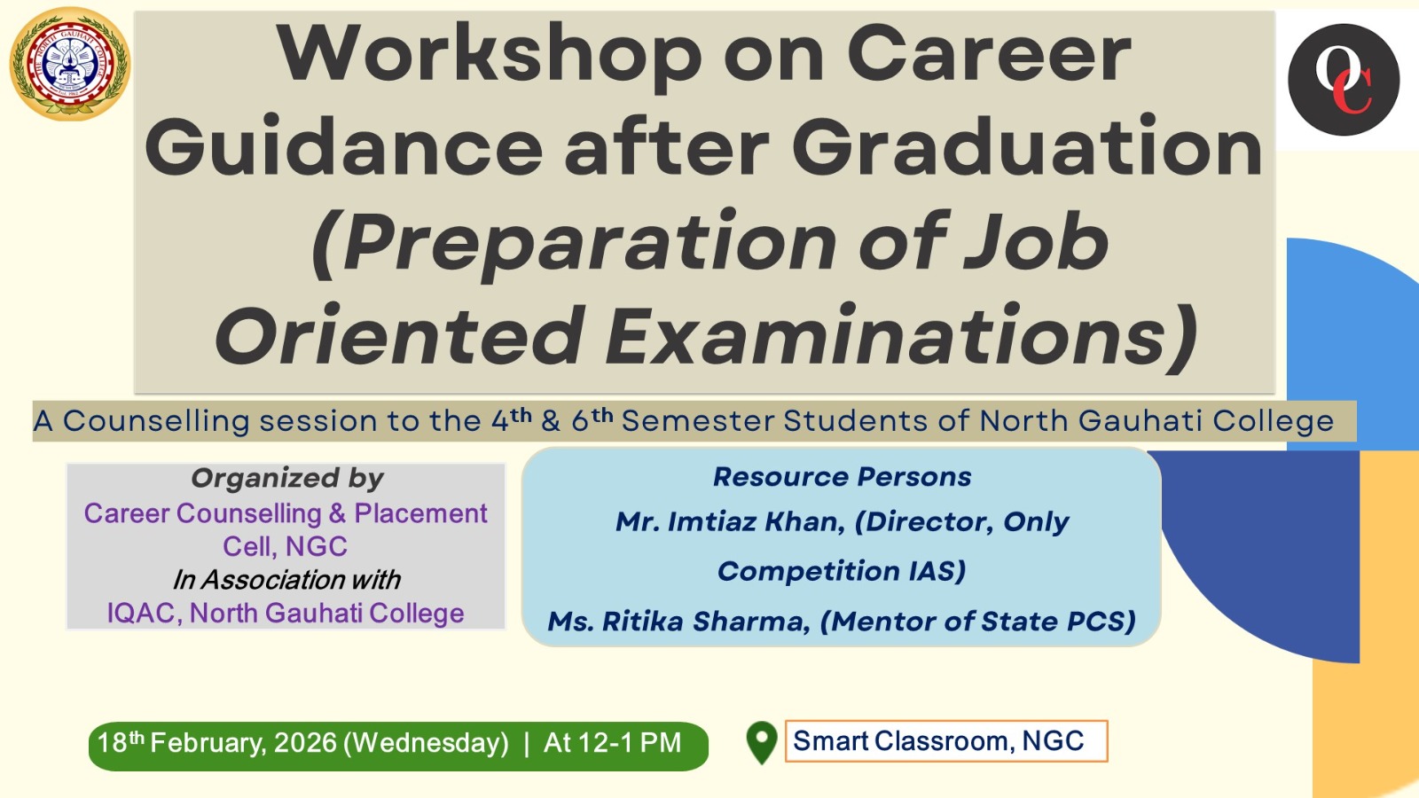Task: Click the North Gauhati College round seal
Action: point(70,63)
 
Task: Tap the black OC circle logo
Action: point(1344,80)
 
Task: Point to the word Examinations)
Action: point(899,335)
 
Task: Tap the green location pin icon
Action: point(762,743)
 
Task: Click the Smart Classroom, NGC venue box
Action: point(946,741)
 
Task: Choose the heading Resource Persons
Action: point(842,477)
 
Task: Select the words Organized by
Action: point(287,479)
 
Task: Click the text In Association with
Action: point(286,580)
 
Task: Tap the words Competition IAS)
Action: point(842,571)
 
